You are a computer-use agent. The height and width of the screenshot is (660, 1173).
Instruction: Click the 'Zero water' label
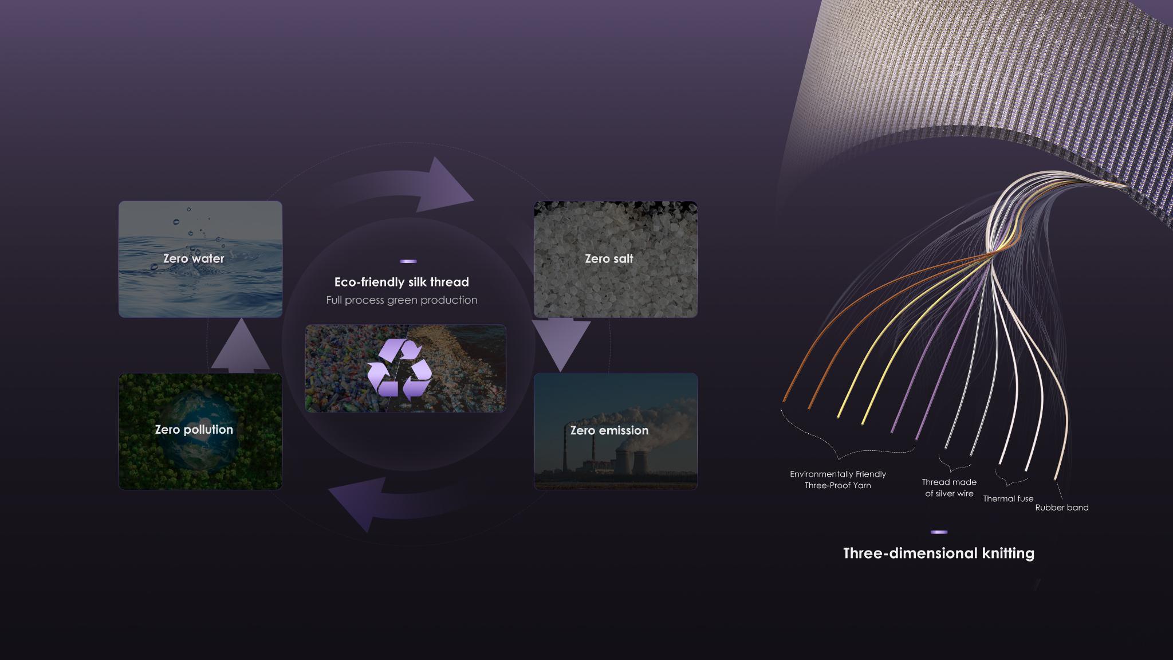tap(194, 258)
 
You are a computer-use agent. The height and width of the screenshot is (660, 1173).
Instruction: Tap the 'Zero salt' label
tap(609, 258)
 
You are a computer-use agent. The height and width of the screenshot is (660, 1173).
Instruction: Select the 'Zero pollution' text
tap(194, 430)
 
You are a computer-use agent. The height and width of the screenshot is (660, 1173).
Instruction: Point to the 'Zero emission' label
tap(609, 430)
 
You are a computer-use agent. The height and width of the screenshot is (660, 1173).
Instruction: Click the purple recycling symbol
tap(400, 368)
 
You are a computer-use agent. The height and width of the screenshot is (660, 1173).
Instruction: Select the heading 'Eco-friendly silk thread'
tap(402, 282)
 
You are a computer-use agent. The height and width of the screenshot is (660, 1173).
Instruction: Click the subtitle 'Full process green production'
tap(402, 300)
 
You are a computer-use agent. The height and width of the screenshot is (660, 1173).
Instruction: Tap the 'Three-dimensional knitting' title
tap(939, 553)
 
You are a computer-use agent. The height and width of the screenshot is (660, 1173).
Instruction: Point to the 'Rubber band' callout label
tap(1062, 508)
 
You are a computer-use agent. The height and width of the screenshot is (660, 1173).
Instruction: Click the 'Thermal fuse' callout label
tap(1008, 499)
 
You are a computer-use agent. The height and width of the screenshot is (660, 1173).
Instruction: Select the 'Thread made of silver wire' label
tap(949, 488)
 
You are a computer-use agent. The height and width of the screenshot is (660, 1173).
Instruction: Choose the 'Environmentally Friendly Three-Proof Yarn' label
tap(838, 480)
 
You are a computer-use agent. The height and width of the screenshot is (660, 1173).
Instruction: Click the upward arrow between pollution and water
tap(241, 346)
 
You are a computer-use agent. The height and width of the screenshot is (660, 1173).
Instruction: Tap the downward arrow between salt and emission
tap(561, 344)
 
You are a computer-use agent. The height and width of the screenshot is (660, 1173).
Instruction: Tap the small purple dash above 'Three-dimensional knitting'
tap(939, 532)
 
